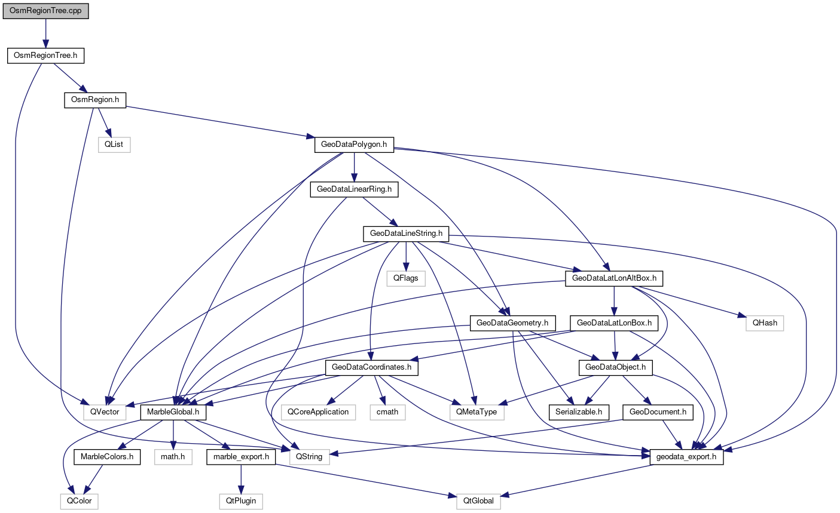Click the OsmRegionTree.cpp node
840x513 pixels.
45,12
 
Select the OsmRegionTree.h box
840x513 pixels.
45,56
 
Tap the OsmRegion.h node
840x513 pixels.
95,100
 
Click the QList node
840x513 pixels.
114,145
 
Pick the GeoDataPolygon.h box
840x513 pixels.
354,145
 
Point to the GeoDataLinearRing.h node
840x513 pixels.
354,189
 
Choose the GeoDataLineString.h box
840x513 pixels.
406,234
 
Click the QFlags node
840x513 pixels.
406,278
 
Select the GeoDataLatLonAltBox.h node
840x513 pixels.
614,278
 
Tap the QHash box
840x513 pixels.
765,323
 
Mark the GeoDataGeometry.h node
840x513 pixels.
513,323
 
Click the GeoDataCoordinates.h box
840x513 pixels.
371,367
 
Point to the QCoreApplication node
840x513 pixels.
318,412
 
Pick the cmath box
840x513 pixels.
387,412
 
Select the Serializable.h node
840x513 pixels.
579,412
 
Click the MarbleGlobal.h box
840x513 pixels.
173,412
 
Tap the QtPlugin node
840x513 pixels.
240,501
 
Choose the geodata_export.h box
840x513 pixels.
686,457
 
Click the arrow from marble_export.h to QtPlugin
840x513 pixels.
240,479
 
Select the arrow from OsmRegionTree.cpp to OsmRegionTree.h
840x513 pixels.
45,34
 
